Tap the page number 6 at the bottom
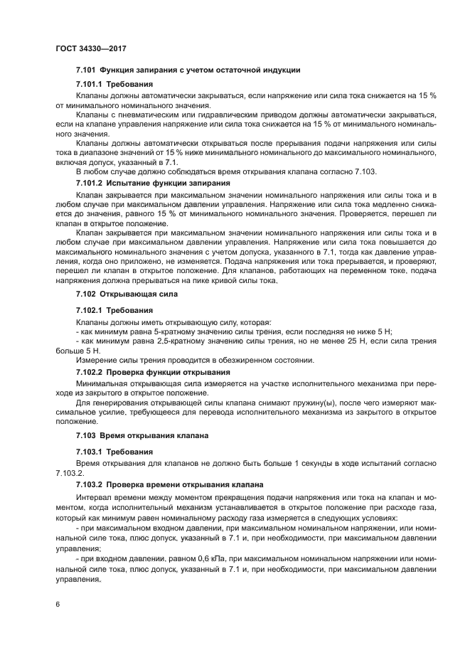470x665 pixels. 58,603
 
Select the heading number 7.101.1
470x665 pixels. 92,84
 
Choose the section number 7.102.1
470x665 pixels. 92,311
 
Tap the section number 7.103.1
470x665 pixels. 92,452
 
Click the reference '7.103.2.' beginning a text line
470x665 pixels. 70,472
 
